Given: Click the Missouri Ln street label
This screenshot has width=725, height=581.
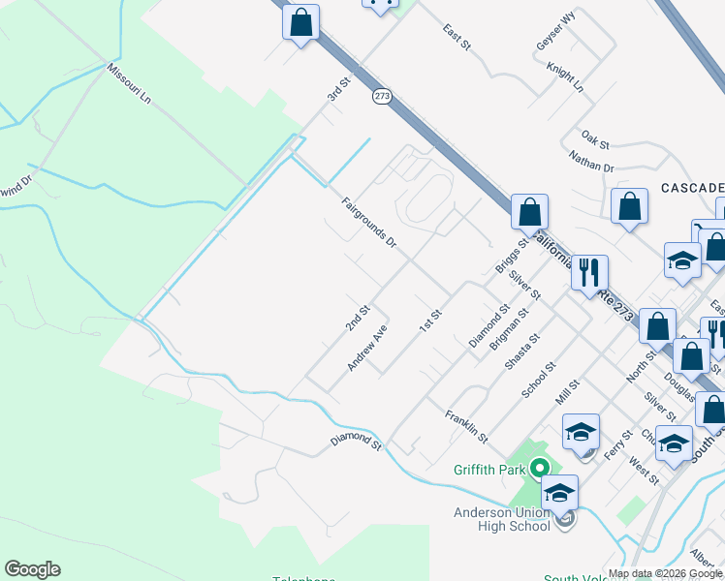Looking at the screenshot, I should pyautogui.click(x=130, y=84).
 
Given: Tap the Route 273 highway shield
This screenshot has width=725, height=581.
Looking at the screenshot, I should pyautogui.click(x=381, y=96).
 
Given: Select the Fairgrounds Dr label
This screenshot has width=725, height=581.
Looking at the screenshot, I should pyautogui.click(x=369, y=222).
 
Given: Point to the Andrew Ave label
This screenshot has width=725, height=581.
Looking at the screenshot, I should pyautogui.click(x=367, y=347).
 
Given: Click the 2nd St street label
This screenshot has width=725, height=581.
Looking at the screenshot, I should pyautogui.click(x=358, y=319).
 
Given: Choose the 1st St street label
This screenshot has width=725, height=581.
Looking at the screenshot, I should pyautogui.click(x=429, y=321).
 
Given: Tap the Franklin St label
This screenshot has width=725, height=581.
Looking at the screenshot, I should pyautogui.click(x=465, y=427).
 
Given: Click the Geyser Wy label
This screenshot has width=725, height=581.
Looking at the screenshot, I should pyautogui.click(x=555, y=45).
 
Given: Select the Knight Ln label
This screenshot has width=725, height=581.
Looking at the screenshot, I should pyautogui.click(x=565, y=78).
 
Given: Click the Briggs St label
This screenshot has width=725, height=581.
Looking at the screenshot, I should pyautogui.click(x=510, y=257).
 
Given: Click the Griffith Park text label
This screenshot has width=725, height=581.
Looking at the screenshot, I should pyautogui.click(x=489, y=471).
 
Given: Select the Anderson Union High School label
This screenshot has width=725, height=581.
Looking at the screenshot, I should pyautogui.click(x=501, y=519).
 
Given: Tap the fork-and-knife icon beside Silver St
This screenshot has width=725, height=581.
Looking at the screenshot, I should pyautogui.click(x=588, y=274).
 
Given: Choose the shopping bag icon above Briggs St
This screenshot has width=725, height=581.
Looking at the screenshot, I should pyautogui.click(x=529, y=212).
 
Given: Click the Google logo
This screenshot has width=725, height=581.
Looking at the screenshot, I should pyautogui.click(x=32, y=569).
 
